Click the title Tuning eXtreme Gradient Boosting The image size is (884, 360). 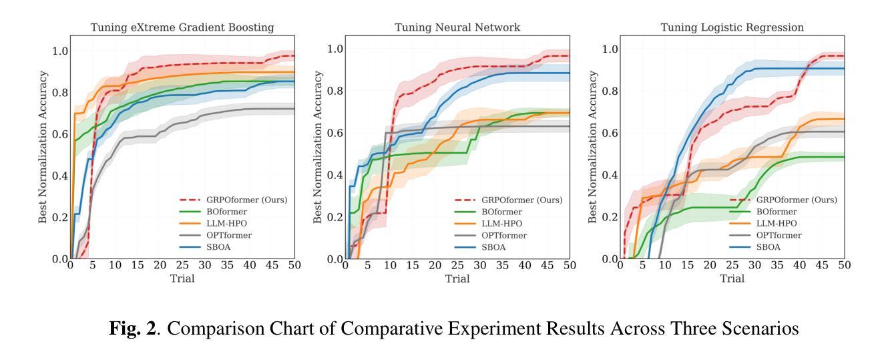click(x=182, y=27)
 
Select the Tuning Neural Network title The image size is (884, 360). click(x=457, y=27)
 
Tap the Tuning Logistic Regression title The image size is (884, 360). click(x=732, y=27)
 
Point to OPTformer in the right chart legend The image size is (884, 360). click(x=779, y=235)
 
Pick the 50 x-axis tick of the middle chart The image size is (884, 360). click(x=569, y=265)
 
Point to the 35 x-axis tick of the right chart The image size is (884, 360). click(x=777, y=265)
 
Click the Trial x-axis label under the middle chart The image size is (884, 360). click(x=457, y=278)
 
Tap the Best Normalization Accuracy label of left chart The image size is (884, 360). click(x=43, y=153)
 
